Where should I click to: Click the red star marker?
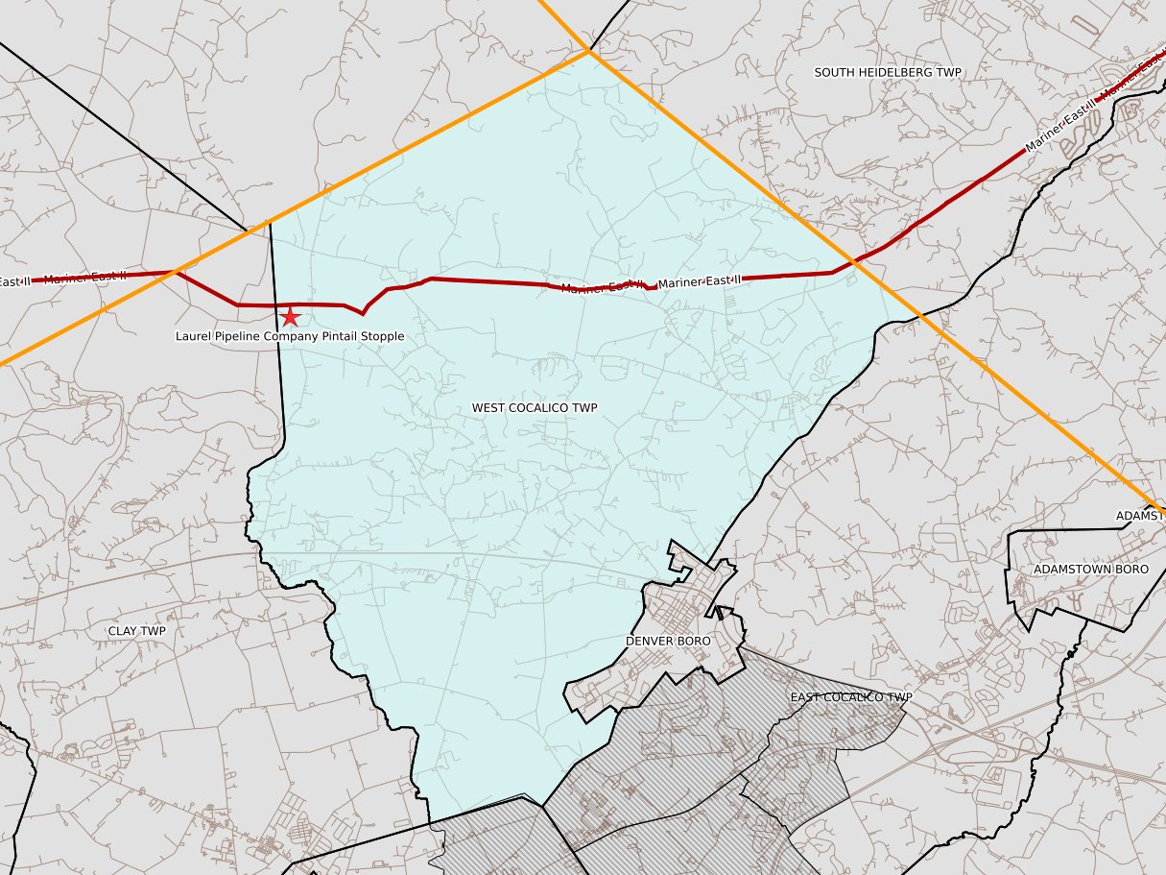coord(289,316)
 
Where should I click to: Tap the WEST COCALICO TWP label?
coord(535,408)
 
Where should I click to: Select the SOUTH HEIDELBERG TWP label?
coord(887,72)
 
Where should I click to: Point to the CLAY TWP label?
coord(136,631)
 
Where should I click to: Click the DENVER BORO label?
coord(668,641)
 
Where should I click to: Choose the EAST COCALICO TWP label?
coord(851,697)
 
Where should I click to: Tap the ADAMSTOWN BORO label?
coord(1090,570)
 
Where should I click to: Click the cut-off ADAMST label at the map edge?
coord(1140,516)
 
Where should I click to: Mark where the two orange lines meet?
coord(588,51)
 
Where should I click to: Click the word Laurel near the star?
coord(192,337)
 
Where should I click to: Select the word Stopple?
coord(382,337)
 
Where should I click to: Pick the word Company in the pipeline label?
coord(289,337)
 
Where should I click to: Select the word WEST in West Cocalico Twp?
coord(487,408)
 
